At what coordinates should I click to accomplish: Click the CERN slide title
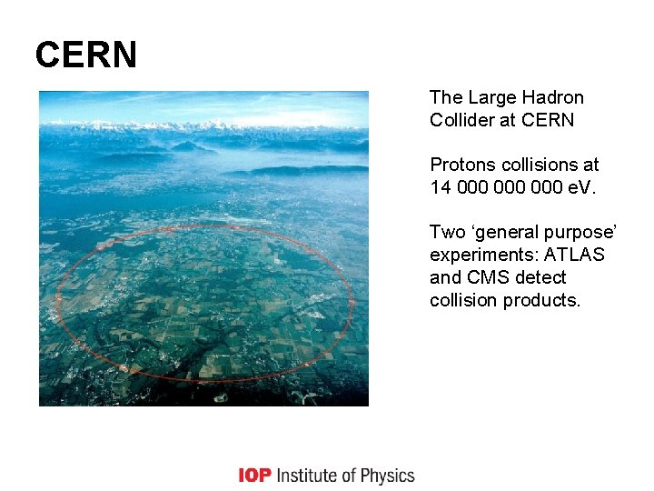[86, 55]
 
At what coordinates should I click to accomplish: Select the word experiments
[480, 256]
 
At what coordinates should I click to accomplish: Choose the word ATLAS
[573, 255]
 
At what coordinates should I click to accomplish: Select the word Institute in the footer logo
[312, 476]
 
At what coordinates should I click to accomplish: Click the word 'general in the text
[505, 233]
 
